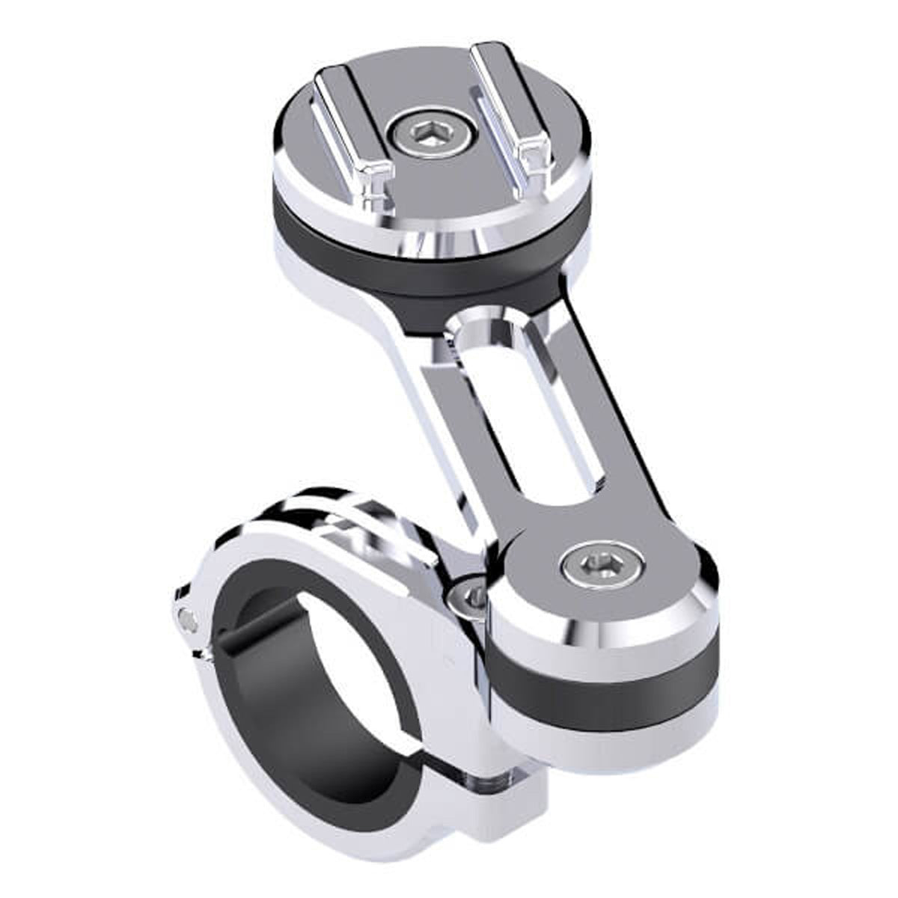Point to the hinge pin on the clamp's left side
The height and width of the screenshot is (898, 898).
pyautogui.click(x=184, y=617)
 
